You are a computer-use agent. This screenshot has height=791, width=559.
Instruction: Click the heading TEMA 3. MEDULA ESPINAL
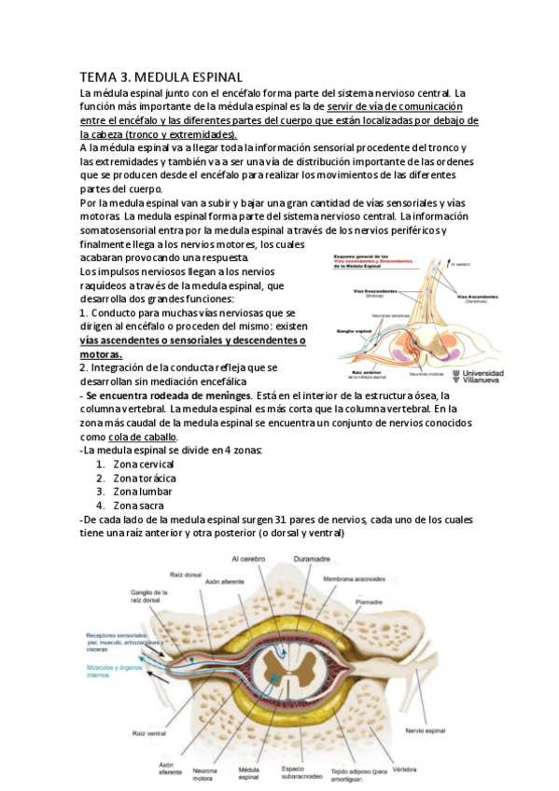pyautogui.click(x=161, y=76)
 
